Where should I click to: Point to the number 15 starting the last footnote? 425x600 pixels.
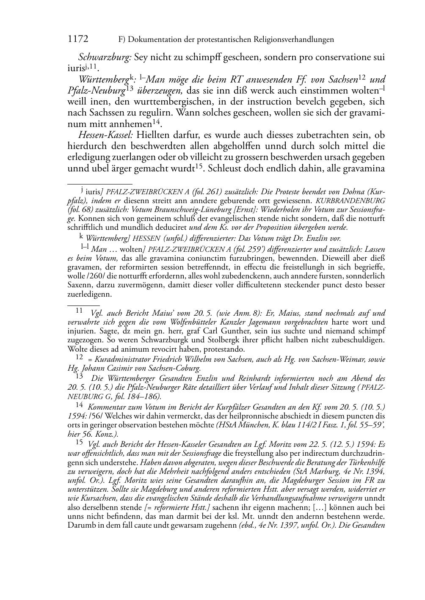[79, 443]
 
